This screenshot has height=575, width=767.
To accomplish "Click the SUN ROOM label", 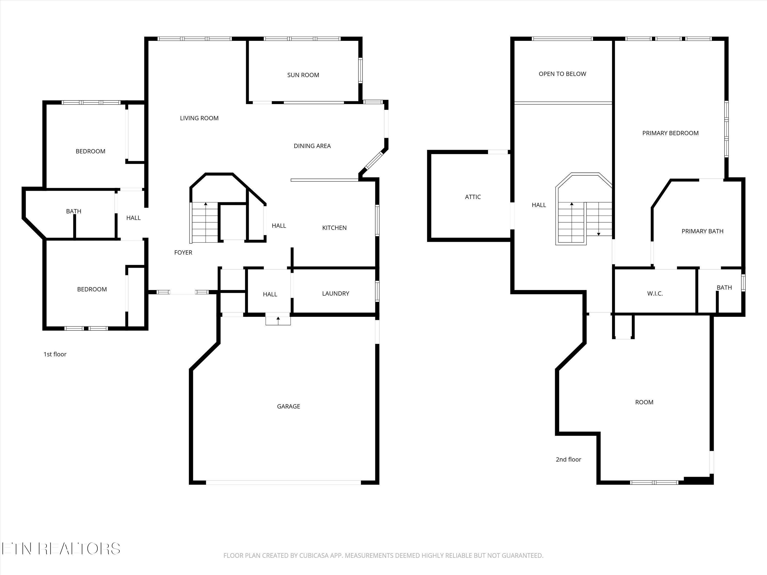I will point(303,75).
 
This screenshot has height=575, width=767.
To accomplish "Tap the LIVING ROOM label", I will point(199,118).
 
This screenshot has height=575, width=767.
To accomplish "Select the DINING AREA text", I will point(312,146).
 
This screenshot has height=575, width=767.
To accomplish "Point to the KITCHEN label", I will point(334,228).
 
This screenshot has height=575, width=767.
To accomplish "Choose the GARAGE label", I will point(288,406).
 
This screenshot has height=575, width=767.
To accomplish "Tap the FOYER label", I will point(183,252).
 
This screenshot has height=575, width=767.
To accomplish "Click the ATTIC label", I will point(473,197).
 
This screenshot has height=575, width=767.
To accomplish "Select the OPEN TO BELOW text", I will point(562,74).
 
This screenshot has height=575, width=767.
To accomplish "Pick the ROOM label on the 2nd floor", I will point(644,402).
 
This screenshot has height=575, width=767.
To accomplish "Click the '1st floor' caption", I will point(55,354).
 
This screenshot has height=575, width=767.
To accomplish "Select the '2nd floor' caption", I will point(568,459).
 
